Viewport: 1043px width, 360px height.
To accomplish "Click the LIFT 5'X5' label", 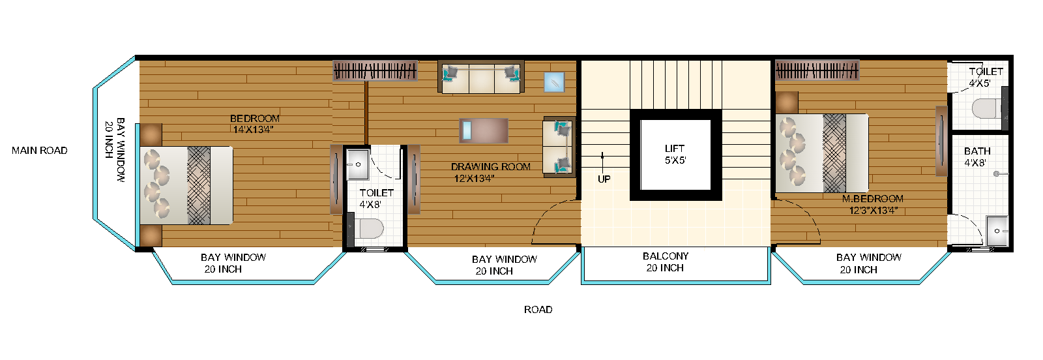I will pyautogui.click(x=675, y=155).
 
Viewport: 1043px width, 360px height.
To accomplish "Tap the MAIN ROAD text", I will pyautogui.click(x=39, y=151).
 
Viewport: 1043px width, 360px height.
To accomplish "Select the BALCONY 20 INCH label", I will pyautogui.click(x=665, y=262).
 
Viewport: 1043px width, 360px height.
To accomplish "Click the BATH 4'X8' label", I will pyautogui.click(x=977, y=157).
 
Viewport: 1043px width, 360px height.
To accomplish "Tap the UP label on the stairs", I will pyautogui.click(x=604, y=179).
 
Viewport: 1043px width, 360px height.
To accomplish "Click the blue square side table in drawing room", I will pyautogui.click(x=554, y=82).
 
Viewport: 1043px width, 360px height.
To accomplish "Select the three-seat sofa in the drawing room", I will pyautogui.click(x=481, y=78).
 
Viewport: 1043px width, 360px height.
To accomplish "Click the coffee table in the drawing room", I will pyautogui.click(x=484, y=130).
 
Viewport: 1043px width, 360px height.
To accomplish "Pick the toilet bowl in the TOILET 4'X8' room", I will pyautogui.click(x=370, y=229).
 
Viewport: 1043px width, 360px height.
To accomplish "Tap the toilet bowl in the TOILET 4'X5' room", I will pyautogui.click(x=987, y=108).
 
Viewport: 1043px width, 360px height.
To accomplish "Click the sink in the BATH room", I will pyautogui.click(x=997, y=231).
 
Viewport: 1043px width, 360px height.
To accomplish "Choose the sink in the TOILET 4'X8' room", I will pyautogui.click(x=357, y=164).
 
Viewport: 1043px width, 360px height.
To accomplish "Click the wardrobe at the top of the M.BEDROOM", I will pyautogui.click(x=817, y=70).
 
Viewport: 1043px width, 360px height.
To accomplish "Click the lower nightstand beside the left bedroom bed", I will pyautogui.click(x=151, y=235).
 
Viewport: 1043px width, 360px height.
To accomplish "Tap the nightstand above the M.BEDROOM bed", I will pyautogui.click(x=787, y=102).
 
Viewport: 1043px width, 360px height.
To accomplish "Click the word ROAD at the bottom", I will pyautogui.click(x=538, y=310).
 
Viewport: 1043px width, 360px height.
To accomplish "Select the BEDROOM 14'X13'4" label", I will pyautogui.click(x=254, y=124).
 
